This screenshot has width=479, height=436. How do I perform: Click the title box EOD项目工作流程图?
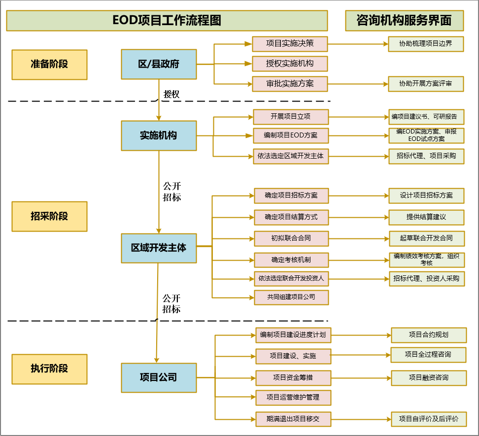pyautogui.click(x=167, y=21)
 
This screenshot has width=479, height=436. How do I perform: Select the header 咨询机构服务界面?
pyautogui.click(x=405, y=21)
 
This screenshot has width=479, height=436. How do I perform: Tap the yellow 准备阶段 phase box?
pyautogui.click(x=49, y=64)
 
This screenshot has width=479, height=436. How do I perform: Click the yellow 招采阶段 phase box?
pyautogui.click(x=49, y=216)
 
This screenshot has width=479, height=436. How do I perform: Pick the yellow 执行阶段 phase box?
pyautogui.click(x=49, y=369)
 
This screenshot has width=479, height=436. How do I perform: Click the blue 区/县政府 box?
pyautogui.click(x=159, y=64)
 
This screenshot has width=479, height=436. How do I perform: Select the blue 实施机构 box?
pyautogui.click(x=159, y=135)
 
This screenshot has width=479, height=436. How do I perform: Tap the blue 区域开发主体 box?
pyautogui.click(x=159, y=248)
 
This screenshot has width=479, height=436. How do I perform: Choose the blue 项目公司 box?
pyautogui.click(x=159, y=378)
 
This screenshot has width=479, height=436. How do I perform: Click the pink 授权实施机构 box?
pyautogui.click(x=290, y=64)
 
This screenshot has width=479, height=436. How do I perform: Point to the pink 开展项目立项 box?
pyautogui.click(x=290, y=117)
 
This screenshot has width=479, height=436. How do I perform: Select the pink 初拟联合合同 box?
pyautogui.click(x=291, y=238)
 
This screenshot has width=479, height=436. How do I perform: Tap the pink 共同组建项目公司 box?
pyautogui.click(x=291, y=297)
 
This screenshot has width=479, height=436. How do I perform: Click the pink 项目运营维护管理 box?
pyautogui.click(x=293, y=398)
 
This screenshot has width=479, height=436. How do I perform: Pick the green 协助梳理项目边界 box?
pyautogui.click(x=426, y=43)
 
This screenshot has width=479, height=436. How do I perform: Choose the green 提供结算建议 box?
pyautogui.click(x=426, y=217)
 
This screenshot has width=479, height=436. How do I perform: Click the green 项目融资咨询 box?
pyautogui.click(x=429, y=378)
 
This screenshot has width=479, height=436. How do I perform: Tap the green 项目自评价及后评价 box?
pyautogui.click(x=429, y=419)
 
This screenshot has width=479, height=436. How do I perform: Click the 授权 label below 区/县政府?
pyautogui.click(x=171, y=94)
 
